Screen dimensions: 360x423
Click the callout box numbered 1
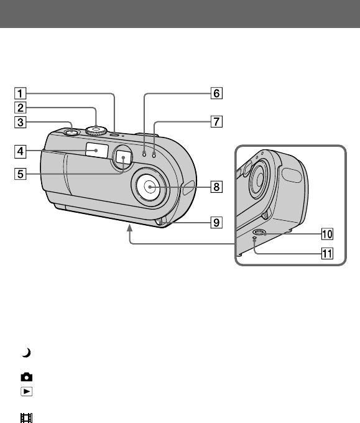click(x=21, y=93)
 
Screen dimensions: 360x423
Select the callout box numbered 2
click(x=21, y=108)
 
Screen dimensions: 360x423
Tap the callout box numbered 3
click(x=21, y=122)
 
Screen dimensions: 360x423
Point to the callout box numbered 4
click(x=21, y=151)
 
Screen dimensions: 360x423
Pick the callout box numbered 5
click(x=21, y=174)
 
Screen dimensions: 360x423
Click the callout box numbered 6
click(x=216, y=93)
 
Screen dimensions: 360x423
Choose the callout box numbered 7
click(x=216, y=121)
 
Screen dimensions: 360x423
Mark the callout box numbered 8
click(x=216, y=187)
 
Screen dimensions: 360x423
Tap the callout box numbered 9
click(x=216, y=223)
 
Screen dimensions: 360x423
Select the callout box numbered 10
click(x=327, y=234)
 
